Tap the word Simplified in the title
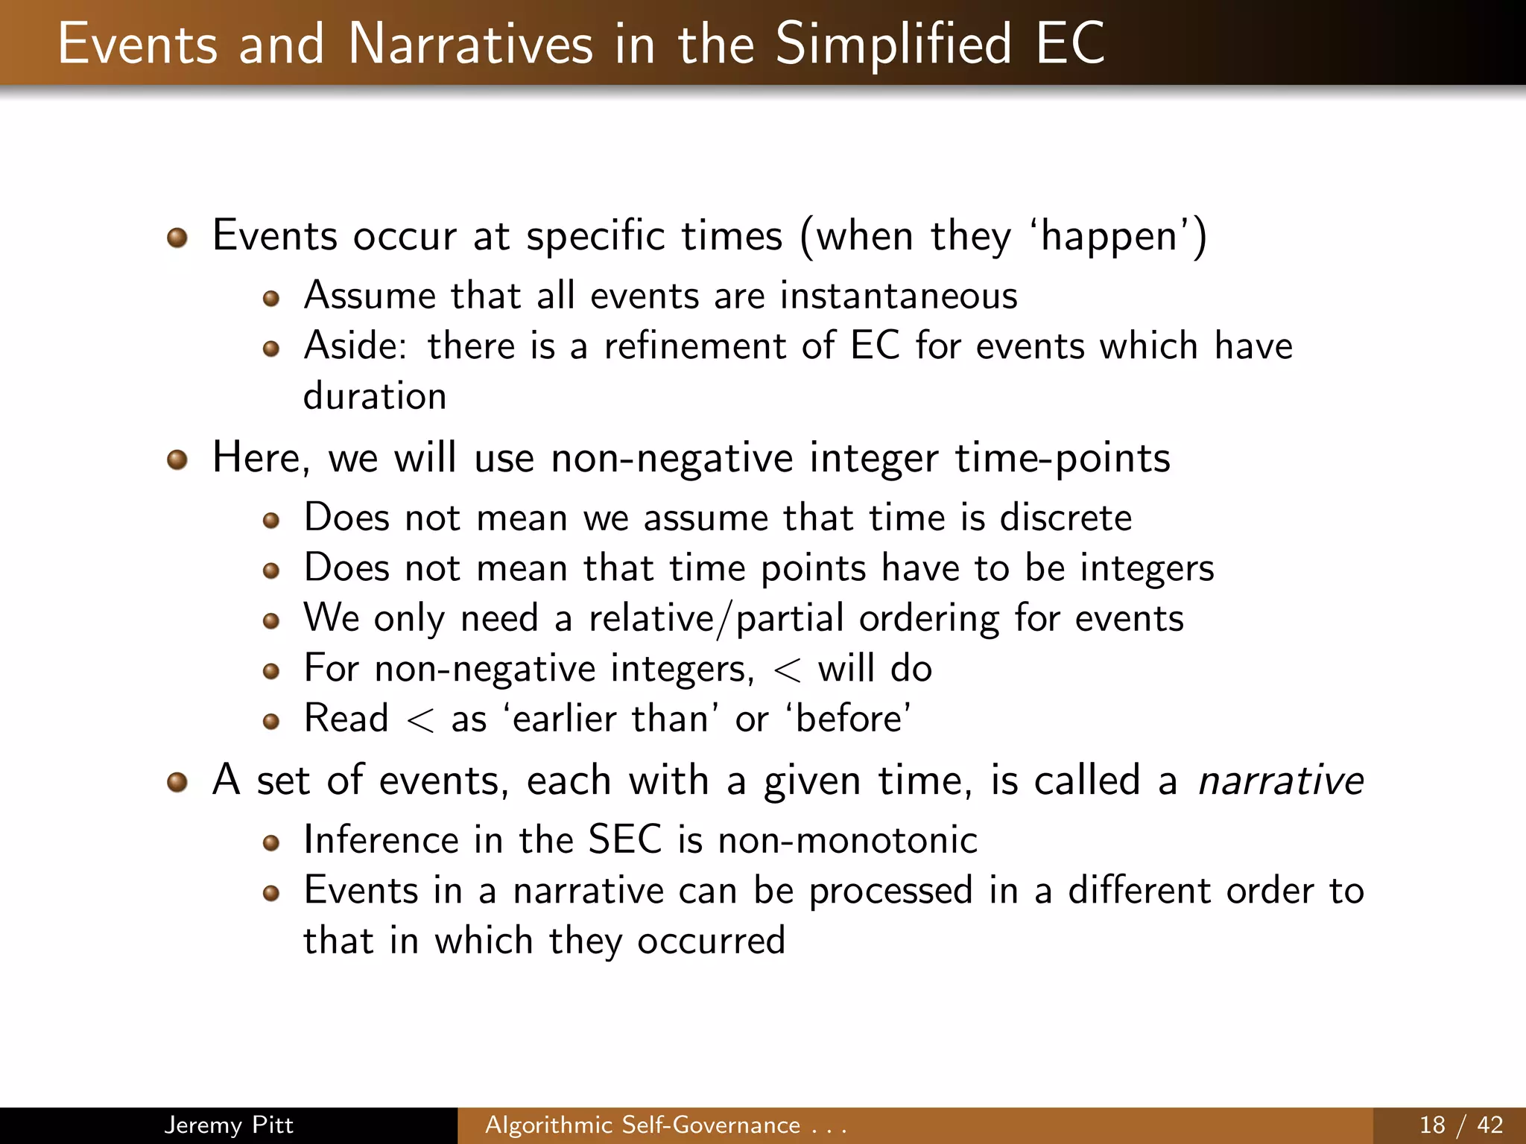click(893, 45)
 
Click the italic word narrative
click(1280, 781)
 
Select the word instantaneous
click(899, 296)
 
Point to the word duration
click(375, 395)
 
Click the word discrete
click(1066, 518)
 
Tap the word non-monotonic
click(847, 841)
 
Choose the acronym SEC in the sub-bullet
click(624, 840)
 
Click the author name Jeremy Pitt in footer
click(229, 1125)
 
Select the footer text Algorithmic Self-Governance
click(642, 1125)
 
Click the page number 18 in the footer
click(1432, 1125)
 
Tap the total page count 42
click(1489, 1125)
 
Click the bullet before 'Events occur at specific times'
click(177, 238)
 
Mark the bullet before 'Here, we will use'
click(177, 460)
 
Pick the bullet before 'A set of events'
click(177, 783)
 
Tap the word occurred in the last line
click(711, 941)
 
